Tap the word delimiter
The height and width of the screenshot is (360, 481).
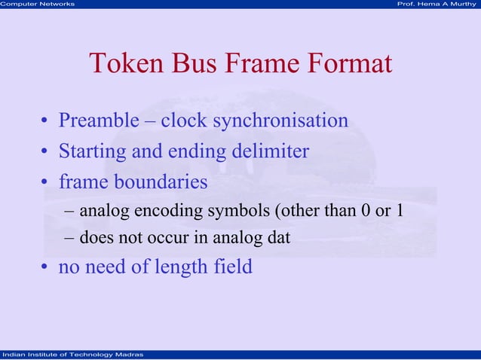coord(271,151)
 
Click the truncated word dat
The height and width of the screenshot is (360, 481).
coord(279,238)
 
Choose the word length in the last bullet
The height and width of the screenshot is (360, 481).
coord(186,267)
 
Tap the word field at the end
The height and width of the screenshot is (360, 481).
coord(235,267)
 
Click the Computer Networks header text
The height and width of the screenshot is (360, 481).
coord(38,5)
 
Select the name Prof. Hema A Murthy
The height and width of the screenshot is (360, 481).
coord(437,5)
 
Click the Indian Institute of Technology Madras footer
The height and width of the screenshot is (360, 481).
coord(68,355)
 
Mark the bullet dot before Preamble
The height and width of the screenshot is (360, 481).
coord(45,122)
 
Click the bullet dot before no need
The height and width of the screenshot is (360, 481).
coord(45,268)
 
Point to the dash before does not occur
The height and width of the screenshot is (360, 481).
coord(69,239)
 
